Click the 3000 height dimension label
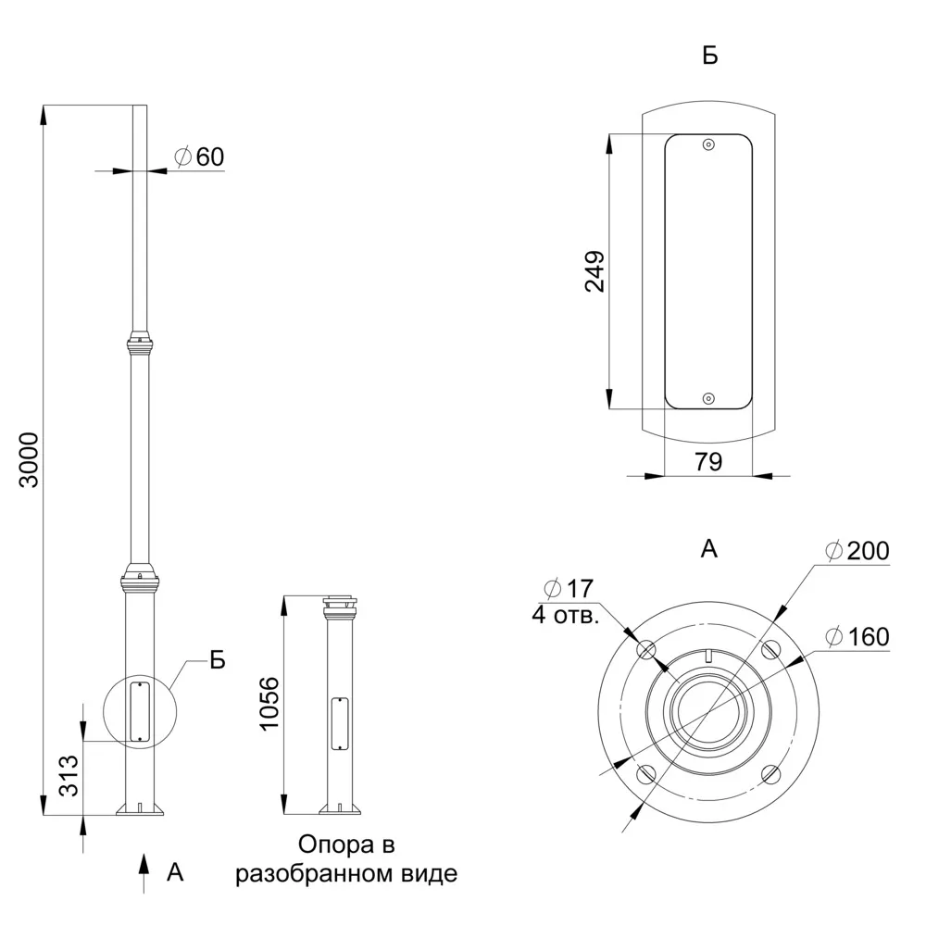click(29, 460)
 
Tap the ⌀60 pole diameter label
click(200, 157)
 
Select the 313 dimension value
click(69, 775)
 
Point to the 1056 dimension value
click(269, 704)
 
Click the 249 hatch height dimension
click(594, 271)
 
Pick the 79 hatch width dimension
click(708, 461)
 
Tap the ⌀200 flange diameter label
click(857, 551)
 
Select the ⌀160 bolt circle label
click(857, 637)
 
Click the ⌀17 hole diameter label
click(569, 589)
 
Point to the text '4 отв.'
click(565, 615)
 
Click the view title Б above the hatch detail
click(710, 56)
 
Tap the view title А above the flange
click(708, 549)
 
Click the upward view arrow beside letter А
click(143, 873)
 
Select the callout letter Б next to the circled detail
click(218, 660)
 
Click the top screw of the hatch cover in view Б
click(708, 144)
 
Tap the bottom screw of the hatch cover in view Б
click(708, 399)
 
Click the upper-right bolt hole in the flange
click(770, 650)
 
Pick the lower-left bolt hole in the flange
click(646, 773)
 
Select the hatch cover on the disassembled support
click(340, 724)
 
